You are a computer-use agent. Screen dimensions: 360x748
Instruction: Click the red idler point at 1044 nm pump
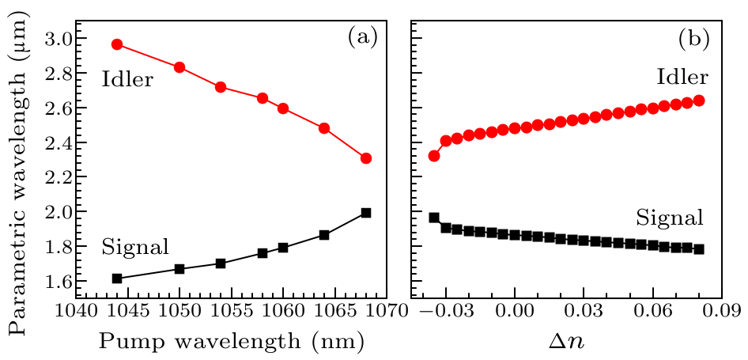[117, 44]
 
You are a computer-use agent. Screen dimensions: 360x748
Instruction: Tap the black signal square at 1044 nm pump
[117, 279]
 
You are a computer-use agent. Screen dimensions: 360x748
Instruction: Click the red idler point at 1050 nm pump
[179, 67]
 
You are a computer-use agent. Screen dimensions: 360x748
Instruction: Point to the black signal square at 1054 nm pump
[221, 263]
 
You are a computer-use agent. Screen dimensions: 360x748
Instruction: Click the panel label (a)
[363, 36]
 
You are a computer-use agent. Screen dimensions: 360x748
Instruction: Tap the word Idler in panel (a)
[126, 79]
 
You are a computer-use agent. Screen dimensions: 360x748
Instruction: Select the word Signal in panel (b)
[669, 218]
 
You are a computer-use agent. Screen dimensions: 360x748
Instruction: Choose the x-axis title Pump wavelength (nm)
[231, 341]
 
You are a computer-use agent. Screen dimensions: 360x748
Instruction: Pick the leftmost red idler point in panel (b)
[434, 156]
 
